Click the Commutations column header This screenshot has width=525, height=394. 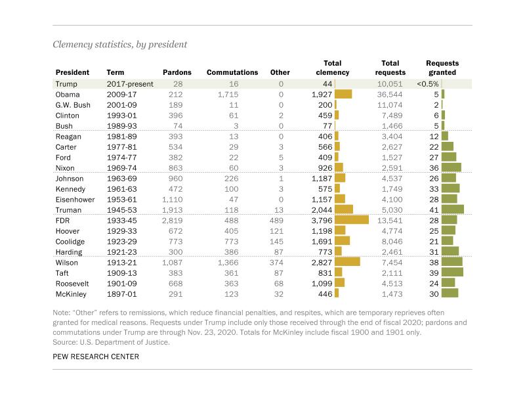pyautogui.click(x=232, y=72)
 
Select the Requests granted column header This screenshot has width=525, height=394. pyautogui.click(x=442, y=68)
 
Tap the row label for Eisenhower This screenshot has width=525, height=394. pyautogui.click(x=75, y=200)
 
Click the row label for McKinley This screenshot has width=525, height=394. pyautogui.click(x=71, y=294)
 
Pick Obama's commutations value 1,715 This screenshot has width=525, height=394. pyautogui.click(x=228, y=95)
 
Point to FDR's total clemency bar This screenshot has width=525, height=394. pyautogui.click(x=352, y=220)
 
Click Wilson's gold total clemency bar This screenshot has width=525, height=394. pyautogui.click(x=347, y=262)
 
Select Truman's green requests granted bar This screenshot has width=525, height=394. pyautogui.click(x=453, y=209)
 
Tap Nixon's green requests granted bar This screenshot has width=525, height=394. pyautogui.click(x=451, y=167)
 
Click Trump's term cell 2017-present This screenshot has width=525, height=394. pyautogui.click(x=130, y=84)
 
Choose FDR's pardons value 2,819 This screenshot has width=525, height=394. pyautogui.click(x=172, y=221)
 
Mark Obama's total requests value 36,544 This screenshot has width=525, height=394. pyautogui.click(x=390, y=95)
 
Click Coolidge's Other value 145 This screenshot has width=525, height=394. pyautogui.click(x=276, y=242)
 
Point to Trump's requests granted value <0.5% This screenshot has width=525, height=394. pyautogui.click(x=428, y=84)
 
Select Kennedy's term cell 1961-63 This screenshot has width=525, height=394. pyautogui.click(x=122, y=189)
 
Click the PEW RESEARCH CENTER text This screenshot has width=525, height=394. pyautogui.click(x=96, y=357)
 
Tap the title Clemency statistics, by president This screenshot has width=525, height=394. pyautogui.click(x=120, y=45)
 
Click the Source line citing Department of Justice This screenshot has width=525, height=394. pyautogui.click(x=111, y=342)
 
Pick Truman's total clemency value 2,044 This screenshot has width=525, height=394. pyautogui.click(x=322, y=210)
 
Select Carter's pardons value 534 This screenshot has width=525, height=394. pyautogui.click(x=175, y=147)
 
